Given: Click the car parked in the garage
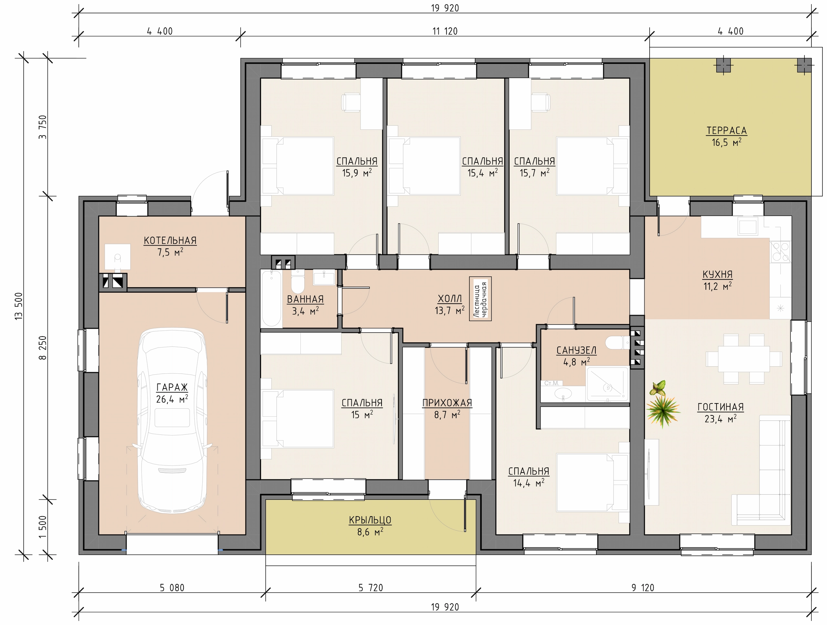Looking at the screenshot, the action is click(172, 421).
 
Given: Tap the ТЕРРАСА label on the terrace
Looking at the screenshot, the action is click(727, 131).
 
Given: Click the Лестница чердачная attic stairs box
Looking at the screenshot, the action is click(480, 299).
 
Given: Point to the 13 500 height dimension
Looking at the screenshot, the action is click(19, 306).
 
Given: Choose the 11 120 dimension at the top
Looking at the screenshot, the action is click(445, 31).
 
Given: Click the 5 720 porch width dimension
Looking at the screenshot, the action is click(371, 588).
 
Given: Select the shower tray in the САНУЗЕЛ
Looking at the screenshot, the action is click(608, 384).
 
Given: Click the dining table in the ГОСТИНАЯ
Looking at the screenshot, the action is click(744, 359).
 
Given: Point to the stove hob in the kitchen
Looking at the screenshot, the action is click(780, 251).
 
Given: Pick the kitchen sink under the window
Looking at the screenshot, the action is click(747, 226).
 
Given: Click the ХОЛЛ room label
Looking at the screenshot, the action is click(450, 299).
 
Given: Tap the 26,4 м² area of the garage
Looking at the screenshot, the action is click(172, 399).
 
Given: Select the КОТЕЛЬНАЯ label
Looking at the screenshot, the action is click(170, 241).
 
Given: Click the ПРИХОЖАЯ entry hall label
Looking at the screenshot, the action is click(447, 403).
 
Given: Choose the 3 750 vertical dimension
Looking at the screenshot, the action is click(43, 127).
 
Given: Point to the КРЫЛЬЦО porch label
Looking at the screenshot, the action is click(370, 520).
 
